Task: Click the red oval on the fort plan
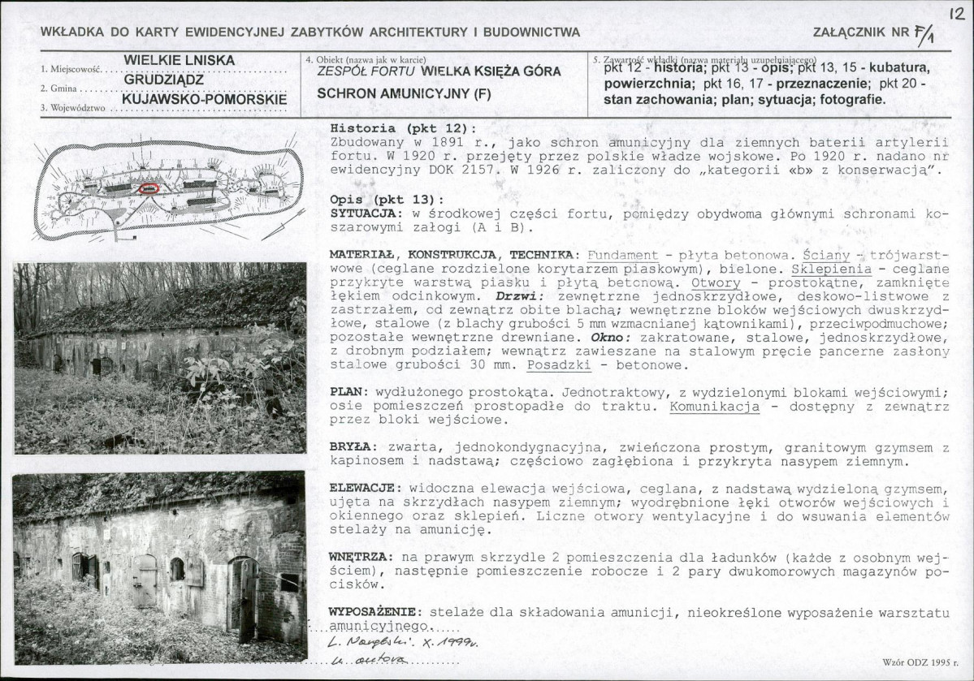(x=149, y=188)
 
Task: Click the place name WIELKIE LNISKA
(x=180, y=61)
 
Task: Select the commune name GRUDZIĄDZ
(x=163, y=80)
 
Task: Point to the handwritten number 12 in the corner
(x=955, y=15)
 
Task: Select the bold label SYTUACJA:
(x=362, y=213)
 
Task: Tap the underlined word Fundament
(x=621, y=255)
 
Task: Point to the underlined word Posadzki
(x=561, y=365)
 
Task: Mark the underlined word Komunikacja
(x=714, y=406)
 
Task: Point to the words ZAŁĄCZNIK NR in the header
(x=859, y=32)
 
